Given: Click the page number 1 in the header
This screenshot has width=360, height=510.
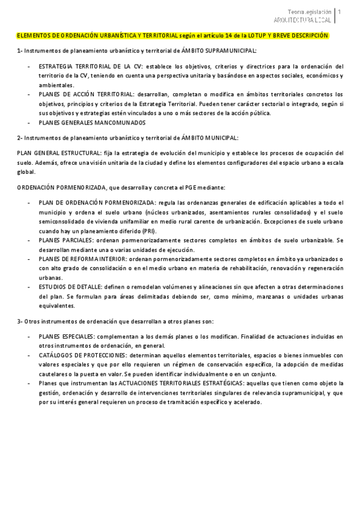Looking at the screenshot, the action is [x=340, y=11].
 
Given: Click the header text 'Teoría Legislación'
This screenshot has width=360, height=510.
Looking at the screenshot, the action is [x=309, y=11].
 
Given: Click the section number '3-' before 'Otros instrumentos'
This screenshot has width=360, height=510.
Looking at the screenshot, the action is [x=20, y=321].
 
